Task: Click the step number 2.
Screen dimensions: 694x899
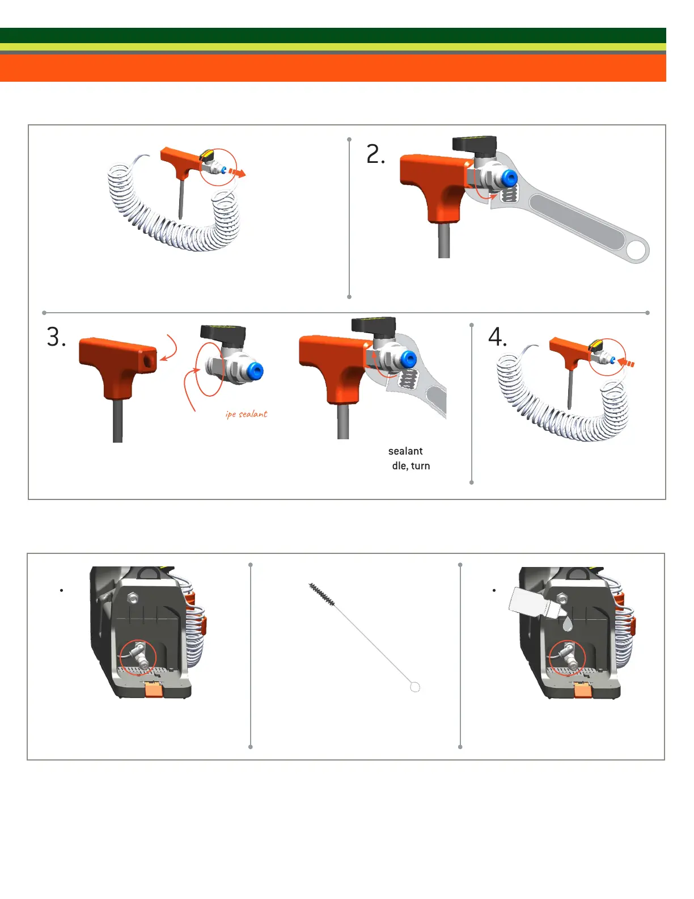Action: click(375, 154)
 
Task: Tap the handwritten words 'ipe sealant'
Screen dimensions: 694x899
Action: click(246, 414)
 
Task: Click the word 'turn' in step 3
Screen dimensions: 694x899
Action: click(420, 466)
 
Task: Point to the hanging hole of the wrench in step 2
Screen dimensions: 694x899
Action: click(637, 250)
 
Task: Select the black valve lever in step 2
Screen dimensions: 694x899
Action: click(474, 143)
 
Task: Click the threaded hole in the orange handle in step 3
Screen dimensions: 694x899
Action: click(148, 359)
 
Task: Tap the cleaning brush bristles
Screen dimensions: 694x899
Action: click(321, 594)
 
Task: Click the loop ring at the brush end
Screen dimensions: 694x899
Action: click(414, 687)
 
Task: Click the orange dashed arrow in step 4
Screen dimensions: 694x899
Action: click(626, 363)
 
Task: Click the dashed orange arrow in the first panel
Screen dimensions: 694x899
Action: click(237, 172)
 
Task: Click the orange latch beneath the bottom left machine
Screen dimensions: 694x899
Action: click(154, 689)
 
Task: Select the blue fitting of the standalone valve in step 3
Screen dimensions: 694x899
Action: click(255, 371)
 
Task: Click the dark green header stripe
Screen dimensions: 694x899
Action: click(333, 35)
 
